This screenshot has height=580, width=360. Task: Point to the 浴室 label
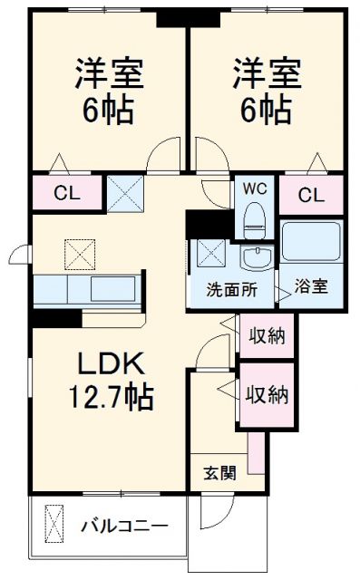click(x=311, y=286)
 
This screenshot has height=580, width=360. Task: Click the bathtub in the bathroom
click(x=310, y=242)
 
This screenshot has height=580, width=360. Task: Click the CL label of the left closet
click(x=65, y=194)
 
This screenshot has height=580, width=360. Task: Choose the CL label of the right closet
click(x=311, y=194)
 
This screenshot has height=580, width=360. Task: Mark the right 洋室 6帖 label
click(x=263, y=91)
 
